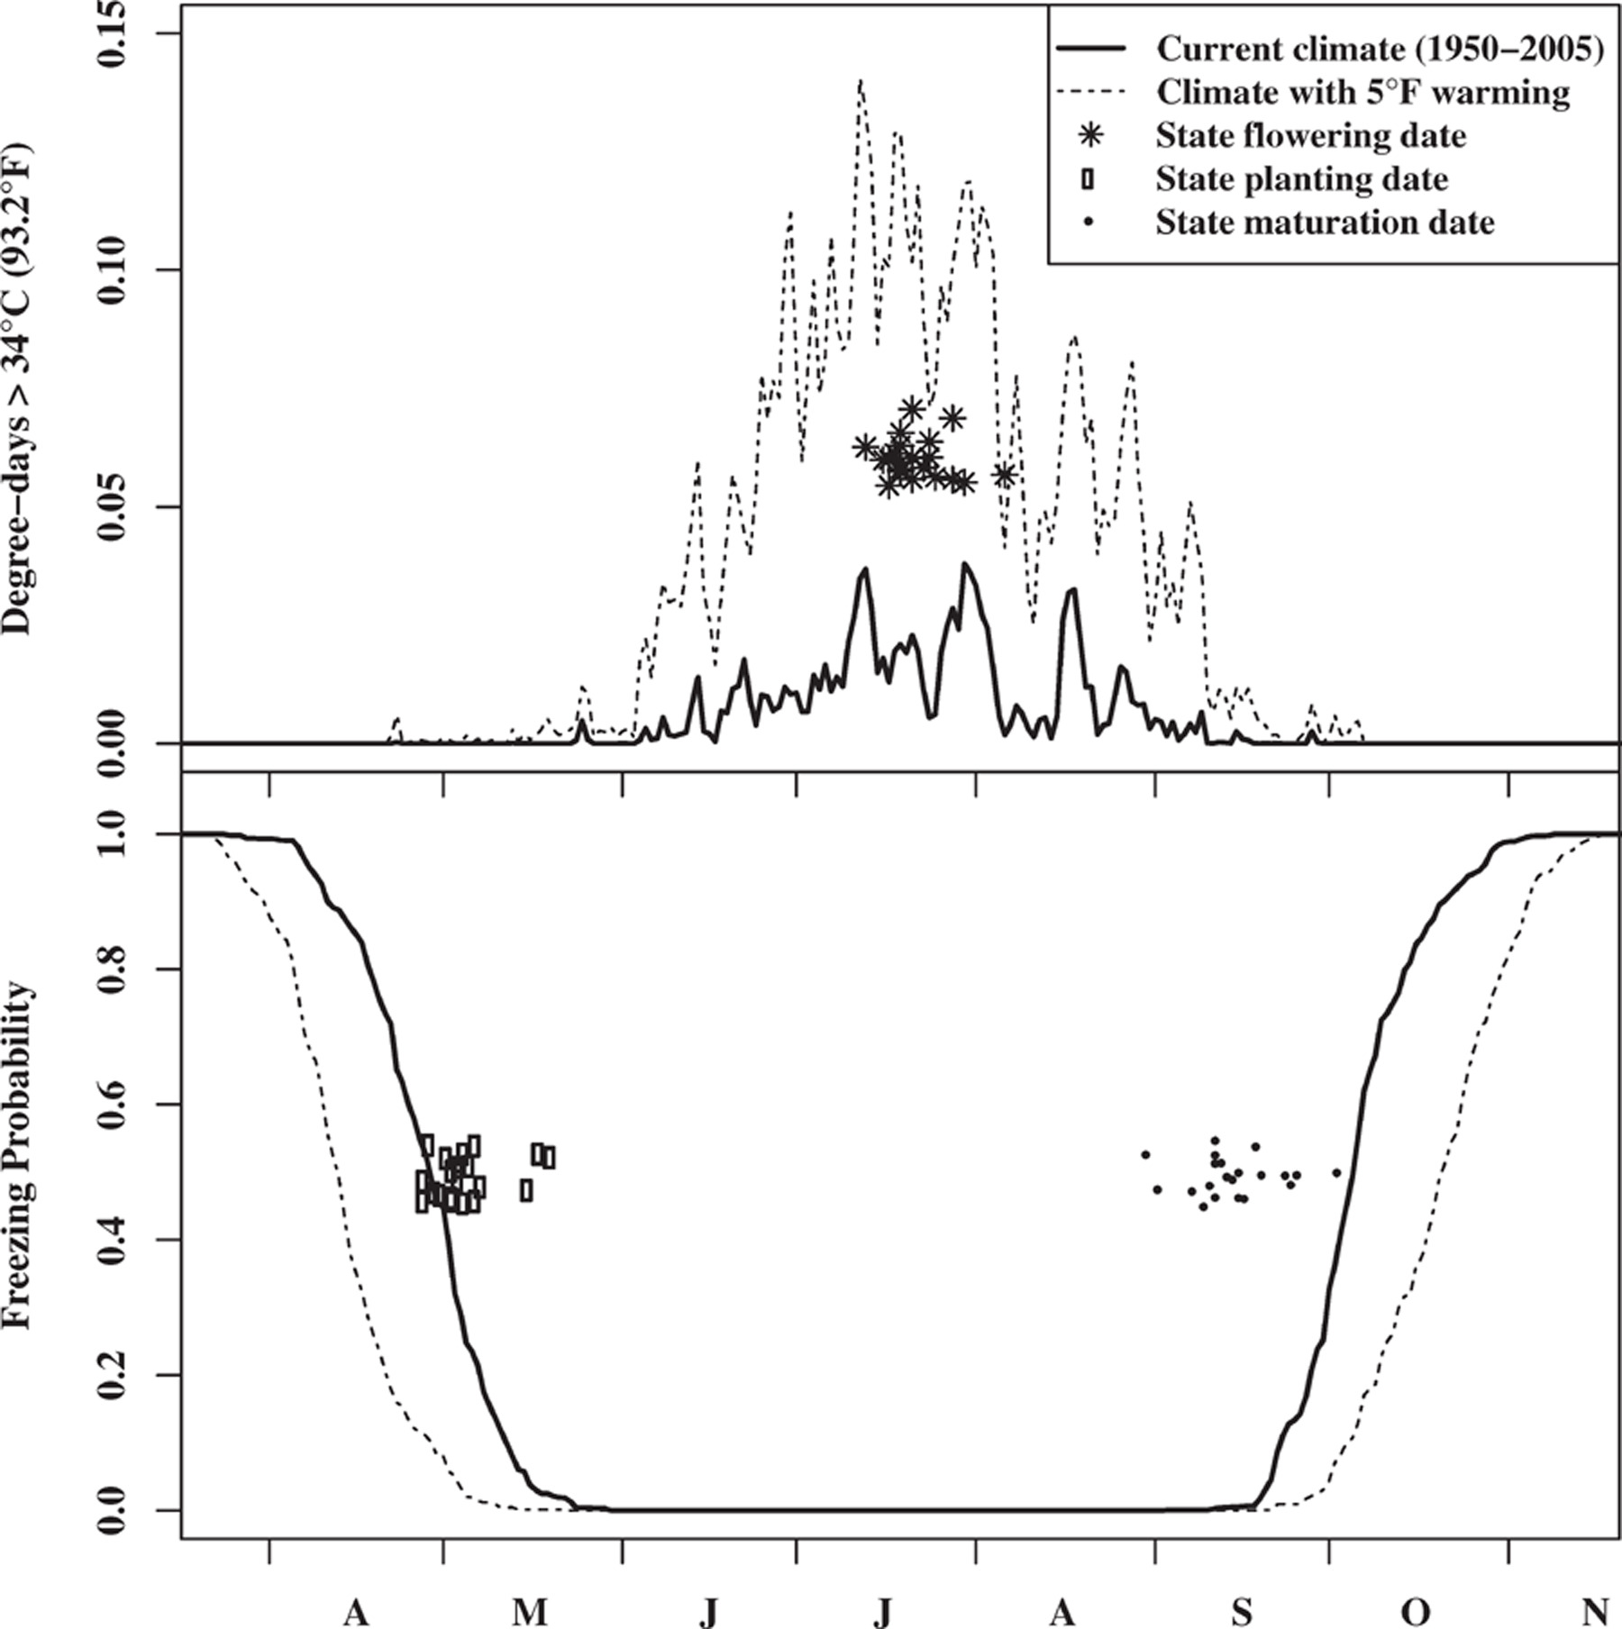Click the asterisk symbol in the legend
click(x=1092, y=136)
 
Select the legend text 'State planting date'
click(x=1302, y=179)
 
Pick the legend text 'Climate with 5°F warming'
click(x=1363, y=92)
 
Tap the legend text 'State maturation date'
click(x=1325, y=222)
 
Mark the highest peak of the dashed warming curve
click(x=861, y=81)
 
